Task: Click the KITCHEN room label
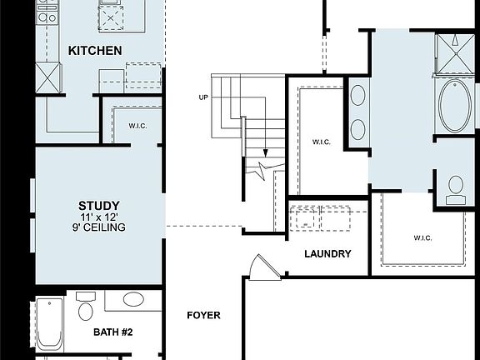tap(95, 51)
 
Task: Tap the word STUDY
tap(98, 205)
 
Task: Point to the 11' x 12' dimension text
tap(98, 217)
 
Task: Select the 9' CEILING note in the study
tap(98, 227)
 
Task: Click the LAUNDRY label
tap(327, 254)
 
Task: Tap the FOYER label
tap(202, 315)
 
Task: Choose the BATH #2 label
tap(112, 332)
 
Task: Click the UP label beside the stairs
tap(202, 97)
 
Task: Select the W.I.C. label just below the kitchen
tap(138, 126)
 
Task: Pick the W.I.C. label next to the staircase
tap(321, 142)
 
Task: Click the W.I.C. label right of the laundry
tap(423, 237)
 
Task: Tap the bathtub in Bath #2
tap(49, 325)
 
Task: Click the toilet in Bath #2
tap(85, 310)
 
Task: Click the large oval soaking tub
tap(455, 106)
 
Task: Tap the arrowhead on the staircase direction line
tap(265, 154)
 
